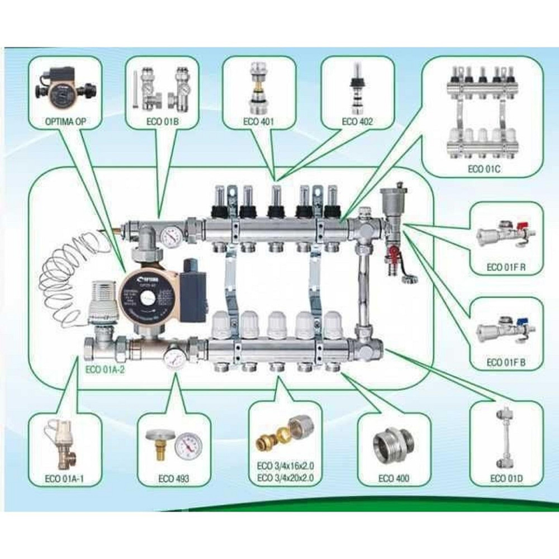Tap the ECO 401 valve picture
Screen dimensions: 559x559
[x=256, y=88]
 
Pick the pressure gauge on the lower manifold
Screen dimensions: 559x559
[x=174, y=355]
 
